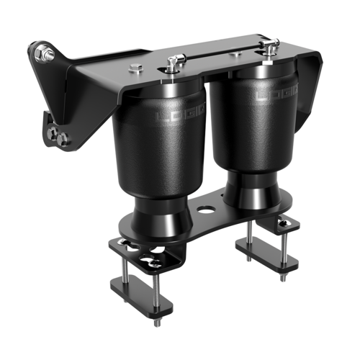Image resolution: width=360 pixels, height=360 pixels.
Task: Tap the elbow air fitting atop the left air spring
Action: (173, 63)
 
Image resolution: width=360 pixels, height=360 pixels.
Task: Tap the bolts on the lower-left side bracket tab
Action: (55, 132)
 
